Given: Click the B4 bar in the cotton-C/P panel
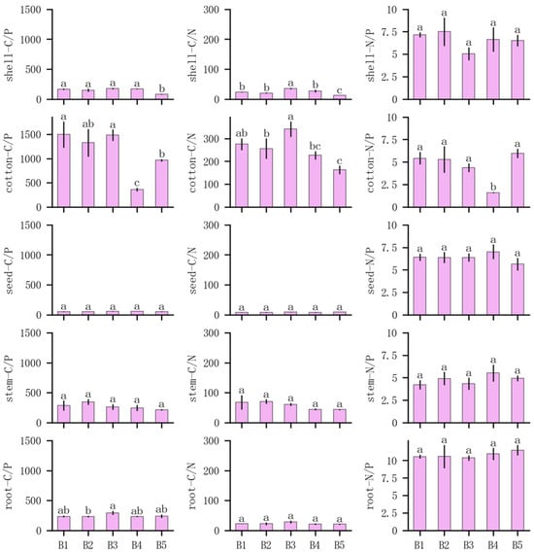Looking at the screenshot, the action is click(137, 198).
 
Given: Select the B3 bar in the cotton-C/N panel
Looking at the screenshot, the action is click(290, 168).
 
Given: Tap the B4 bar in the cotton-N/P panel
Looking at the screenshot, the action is click(493, 199).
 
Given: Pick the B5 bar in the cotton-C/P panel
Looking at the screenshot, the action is click(161, 184).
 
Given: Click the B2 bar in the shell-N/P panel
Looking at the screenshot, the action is click(444, 65).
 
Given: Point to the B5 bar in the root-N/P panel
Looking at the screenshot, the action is click(517, 491).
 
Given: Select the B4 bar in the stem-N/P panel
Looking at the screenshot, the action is click(493, 398).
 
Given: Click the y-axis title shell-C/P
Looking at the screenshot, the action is click(9, 54).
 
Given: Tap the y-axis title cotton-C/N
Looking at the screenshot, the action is click(192, 163).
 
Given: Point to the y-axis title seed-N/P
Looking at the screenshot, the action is click(371, 270).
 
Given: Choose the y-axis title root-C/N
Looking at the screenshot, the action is click(192, 485).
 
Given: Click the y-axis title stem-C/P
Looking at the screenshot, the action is click(9, 378).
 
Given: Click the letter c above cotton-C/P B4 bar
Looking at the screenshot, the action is click(137, 183).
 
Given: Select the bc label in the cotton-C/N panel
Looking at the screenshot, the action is click(315, 146).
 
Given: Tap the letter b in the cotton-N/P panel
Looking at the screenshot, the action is click(493, 187).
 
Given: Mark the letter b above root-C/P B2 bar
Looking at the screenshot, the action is click(88, 510).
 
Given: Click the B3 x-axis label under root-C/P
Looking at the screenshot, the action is click(113, 545).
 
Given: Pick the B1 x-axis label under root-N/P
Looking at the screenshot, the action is click(419, 545).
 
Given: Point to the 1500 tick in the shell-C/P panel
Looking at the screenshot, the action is click(31, 10).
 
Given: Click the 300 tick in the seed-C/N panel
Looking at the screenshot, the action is click(212, 225).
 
